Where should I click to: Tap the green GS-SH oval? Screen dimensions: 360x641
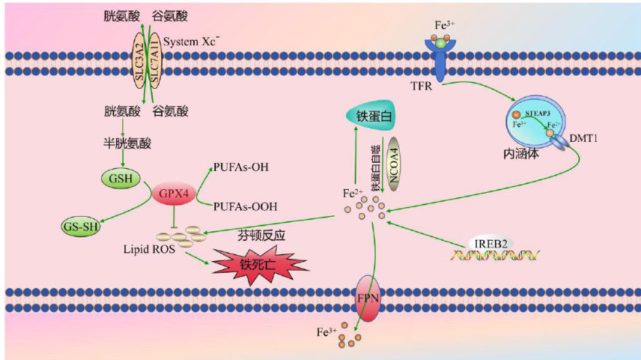tap(81, 227)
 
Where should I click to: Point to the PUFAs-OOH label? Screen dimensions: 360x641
tap(245, 208)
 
